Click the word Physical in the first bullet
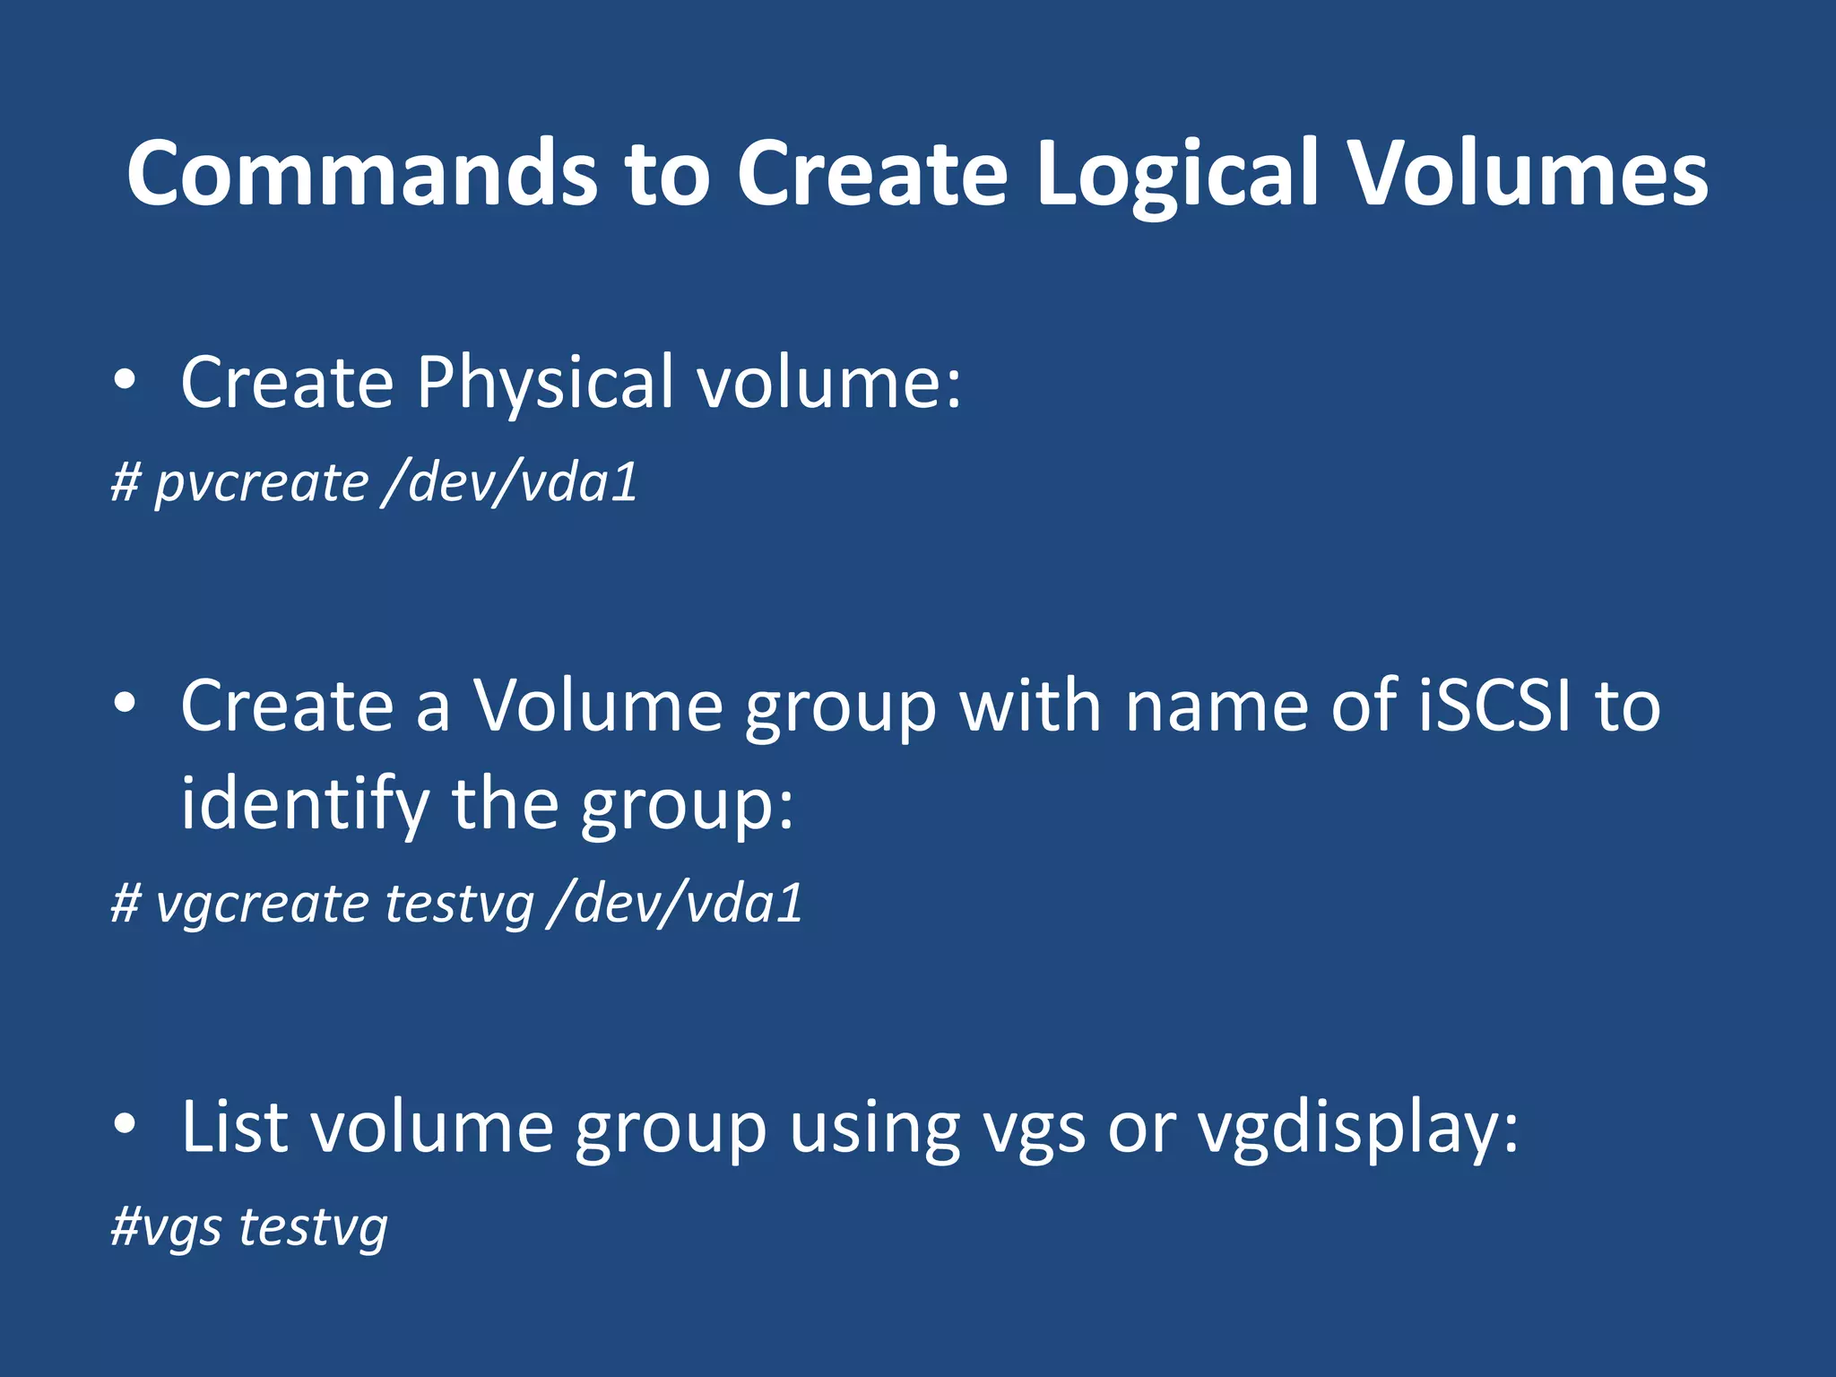(544, 383)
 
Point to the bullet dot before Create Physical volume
(125, 381)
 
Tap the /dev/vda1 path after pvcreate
(509, 482)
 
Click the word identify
(305, 804)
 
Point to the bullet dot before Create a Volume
(125, 704)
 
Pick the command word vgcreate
(261, 904)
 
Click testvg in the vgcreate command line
(459, 904)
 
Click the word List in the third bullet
(234, 1127)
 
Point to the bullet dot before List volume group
(125, 1124)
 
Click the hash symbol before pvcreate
(126, 482)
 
